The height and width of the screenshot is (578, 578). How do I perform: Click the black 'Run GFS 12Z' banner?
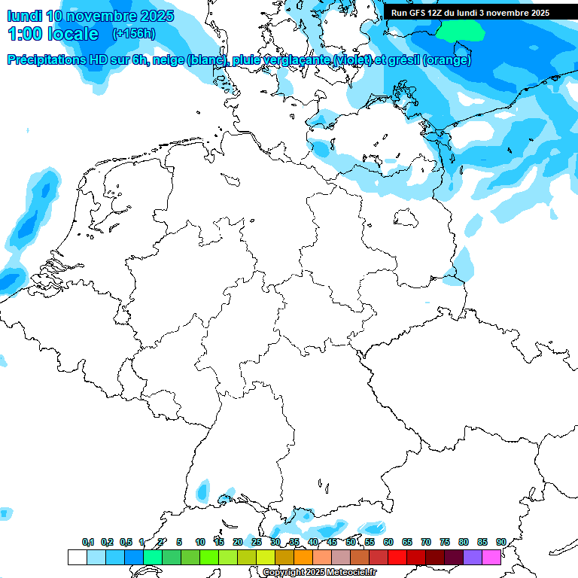pos(470,13)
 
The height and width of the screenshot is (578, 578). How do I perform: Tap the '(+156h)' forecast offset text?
pos(134,34)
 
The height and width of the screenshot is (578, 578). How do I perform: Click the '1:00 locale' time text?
pos(53,34)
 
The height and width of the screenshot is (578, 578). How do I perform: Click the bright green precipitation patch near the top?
pos(461,30)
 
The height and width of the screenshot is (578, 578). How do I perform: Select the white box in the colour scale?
pos(77,558)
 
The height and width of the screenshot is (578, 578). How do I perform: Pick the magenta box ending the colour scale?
pos(491,558)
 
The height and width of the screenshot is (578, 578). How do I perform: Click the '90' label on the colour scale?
pos(500,542)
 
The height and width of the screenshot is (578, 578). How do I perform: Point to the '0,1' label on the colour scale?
pos(88,542)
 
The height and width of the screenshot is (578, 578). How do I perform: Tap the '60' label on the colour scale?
pos(388,542)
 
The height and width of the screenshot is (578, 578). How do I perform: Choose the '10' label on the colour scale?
pos(200,542)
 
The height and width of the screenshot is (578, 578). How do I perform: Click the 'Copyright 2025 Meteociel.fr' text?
pos(320,573)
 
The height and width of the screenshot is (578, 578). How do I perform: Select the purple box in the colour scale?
pos(473,558)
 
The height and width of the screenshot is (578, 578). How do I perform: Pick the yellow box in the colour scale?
pos(266,558)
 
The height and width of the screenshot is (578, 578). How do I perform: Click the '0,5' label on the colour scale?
pos(126,542)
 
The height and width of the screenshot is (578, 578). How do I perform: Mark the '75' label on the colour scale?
pos(445,542)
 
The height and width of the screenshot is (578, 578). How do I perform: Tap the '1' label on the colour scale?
pos(141,542)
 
